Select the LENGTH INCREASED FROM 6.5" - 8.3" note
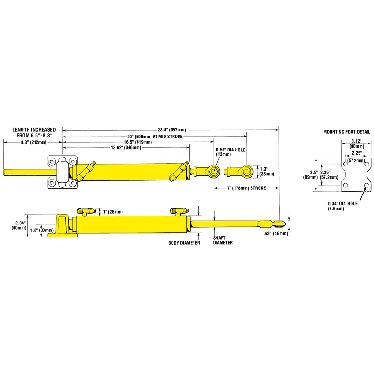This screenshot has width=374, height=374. coord(34,132)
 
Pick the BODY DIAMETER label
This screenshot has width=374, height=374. coord(185,243)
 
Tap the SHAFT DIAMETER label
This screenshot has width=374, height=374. coord(223,240)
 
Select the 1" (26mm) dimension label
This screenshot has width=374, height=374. coord(113,212)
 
